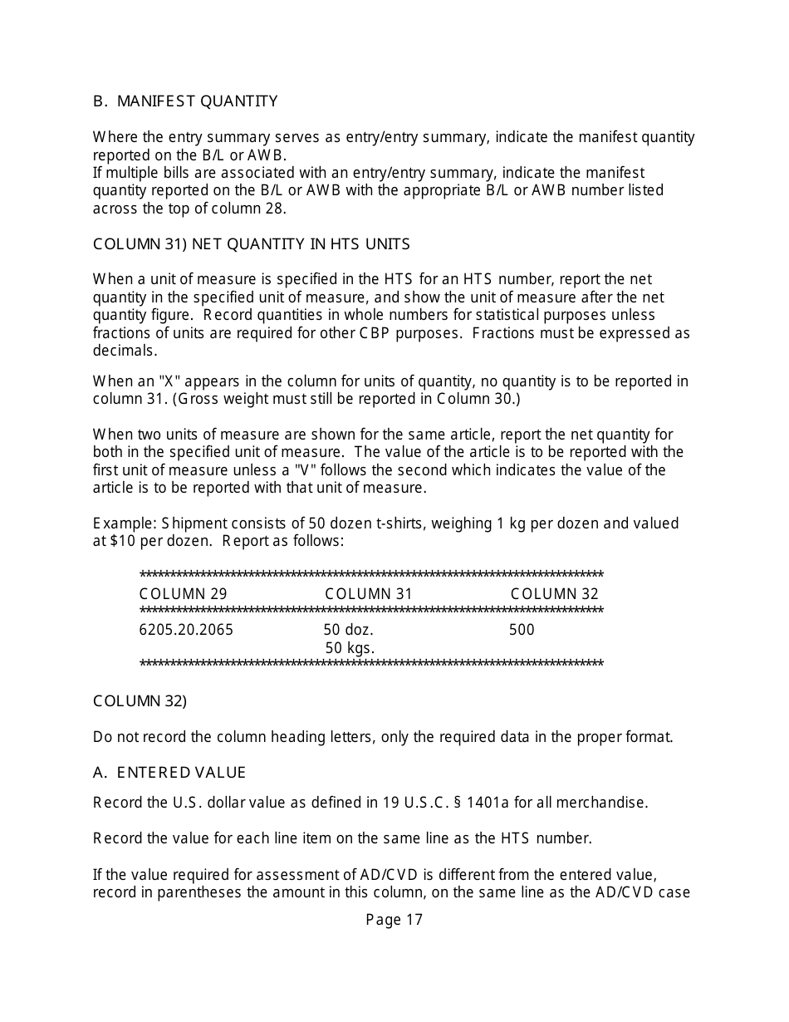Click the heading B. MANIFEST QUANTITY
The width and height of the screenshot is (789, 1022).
(185, 101)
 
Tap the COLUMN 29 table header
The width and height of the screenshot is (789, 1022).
(183, 594)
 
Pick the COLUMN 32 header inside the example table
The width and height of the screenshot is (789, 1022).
(554, 594)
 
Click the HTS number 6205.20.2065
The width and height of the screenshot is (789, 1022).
(186, 630)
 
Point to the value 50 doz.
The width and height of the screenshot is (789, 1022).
(348, 630)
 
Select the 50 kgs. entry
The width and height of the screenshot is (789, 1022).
(350, 648)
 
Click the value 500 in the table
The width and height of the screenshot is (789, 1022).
(522, 630)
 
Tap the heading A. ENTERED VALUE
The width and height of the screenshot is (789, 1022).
(169, 773)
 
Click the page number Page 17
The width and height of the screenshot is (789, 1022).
(394, 920)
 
